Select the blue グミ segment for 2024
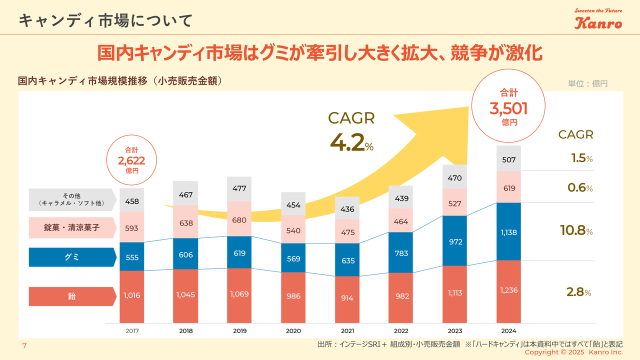(x=508, y=231)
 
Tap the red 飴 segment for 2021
(x=347, y=298)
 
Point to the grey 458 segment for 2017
(x=132, y=200)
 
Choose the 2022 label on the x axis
(x=401, y=331)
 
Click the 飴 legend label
(x=72, y=296)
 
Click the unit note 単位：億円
(x=587, y=83)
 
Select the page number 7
(x=24, y=346)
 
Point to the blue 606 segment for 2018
(x=186, y=254)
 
